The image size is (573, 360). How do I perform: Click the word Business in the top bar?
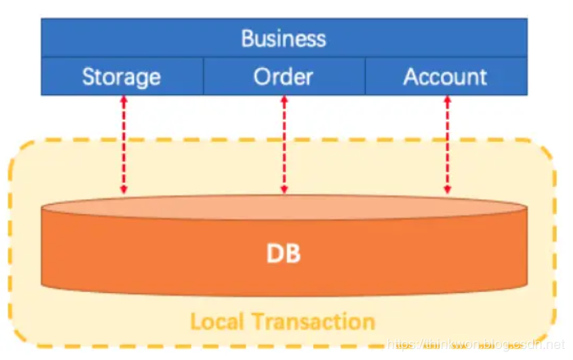coord(284,38)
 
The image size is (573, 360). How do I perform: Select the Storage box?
coord(121,77)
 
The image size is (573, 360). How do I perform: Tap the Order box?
coord(284,77)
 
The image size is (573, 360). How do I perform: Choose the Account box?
coord(446,77)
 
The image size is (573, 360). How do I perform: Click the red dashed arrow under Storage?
coord(124,144)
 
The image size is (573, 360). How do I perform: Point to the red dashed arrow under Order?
coord(284,144)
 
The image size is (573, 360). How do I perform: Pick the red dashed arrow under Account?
coord(447,144)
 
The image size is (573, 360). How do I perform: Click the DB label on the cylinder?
coord(284,253)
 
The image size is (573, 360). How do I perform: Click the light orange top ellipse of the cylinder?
coord(284,207)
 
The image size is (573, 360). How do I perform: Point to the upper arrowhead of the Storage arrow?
coord(124,101)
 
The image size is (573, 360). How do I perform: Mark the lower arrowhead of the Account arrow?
coord(447,188)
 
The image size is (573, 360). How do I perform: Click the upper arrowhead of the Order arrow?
coord(284,101)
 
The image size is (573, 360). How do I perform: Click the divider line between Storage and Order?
coord(203,76)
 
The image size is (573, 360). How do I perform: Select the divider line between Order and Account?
coord(365,76)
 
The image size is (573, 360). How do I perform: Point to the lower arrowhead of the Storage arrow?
coord(124,188)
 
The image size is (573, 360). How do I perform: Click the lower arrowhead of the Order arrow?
coord(284,188)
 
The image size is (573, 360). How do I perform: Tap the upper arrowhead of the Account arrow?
coord(447,101)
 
